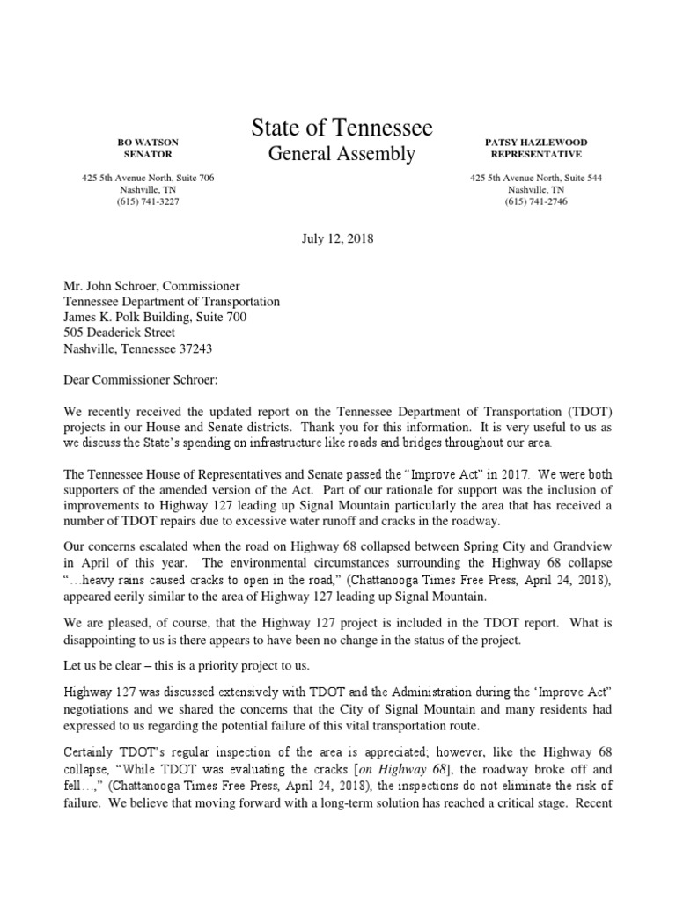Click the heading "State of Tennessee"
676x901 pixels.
coord(342,128)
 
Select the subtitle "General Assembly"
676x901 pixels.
coord(342,155)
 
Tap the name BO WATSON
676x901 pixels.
coord(147,142)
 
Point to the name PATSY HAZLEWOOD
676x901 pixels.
coord(536,142)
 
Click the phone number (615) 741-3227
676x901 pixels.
coord(147,202)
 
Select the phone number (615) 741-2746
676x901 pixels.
coord(536,202)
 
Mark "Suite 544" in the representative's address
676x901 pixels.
coord(582,178)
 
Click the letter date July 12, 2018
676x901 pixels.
coord(338,238)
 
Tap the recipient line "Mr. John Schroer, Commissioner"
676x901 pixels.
coord(151,286)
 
